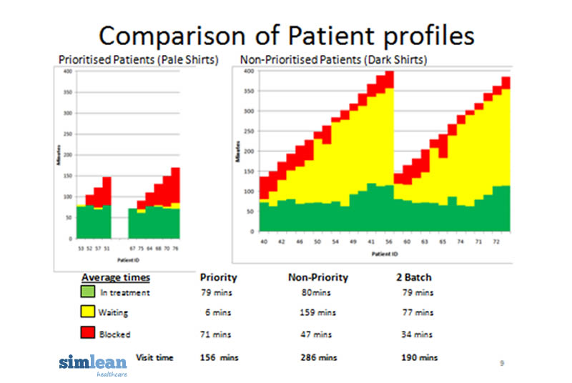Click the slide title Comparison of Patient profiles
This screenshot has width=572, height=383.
click(x=286, y=35)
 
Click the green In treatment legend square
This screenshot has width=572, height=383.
click(x=88, y=292)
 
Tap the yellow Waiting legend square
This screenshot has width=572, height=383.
click(x=88, y=313)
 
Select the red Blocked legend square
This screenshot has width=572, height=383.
click(x=88, y=334)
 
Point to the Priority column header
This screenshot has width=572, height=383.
click(x=218, y=277)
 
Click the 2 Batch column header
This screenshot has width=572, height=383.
click(x=413, y=277)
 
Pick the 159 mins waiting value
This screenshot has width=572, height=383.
click(x=317, y=313)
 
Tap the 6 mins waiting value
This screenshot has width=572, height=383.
click(x=218, y=313)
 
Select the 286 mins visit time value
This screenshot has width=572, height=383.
click(x=317, y=357)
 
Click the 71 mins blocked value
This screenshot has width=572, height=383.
click(x=215, y=334)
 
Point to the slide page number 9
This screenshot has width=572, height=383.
click(x=501, y=363)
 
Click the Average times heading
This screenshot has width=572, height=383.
click(x=115, y=277)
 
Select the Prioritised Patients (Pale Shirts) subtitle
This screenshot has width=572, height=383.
click(x=137, y=60)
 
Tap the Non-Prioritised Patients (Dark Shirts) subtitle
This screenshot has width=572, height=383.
click(x=334, y=60)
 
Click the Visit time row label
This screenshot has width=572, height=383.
click(x=156, y=357)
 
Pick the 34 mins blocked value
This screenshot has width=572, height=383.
click(x=418, y=334)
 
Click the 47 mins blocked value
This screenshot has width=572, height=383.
click(x=317, y=334)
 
